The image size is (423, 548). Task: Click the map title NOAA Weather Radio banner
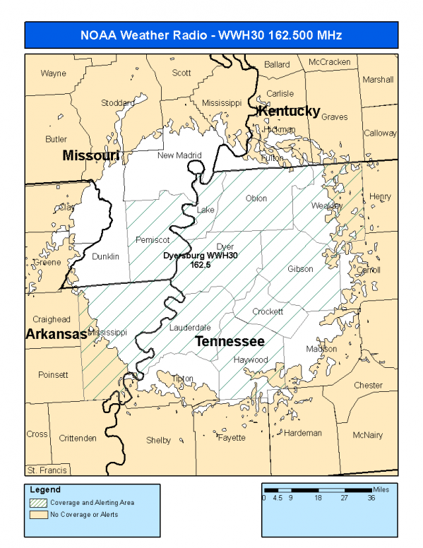212,35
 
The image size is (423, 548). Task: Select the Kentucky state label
289,112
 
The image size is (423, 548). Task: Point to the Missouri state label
91,155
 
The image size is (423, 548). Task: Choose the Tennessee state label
230,342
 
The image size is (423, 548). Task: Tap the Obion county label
256,198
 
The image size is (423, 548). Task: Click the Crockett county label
268,311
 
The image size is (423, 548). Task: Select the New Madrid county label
179,155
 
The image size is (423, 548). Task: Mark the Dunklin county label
105,256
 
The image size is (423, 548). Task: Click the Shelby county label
158,440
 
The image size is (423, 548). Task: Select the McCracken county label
329,62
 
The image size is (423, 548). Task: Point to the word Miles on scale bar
381,489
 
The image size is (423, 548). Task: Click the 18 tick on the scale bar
318,498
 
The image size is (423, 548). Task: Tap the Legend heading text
45,489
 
